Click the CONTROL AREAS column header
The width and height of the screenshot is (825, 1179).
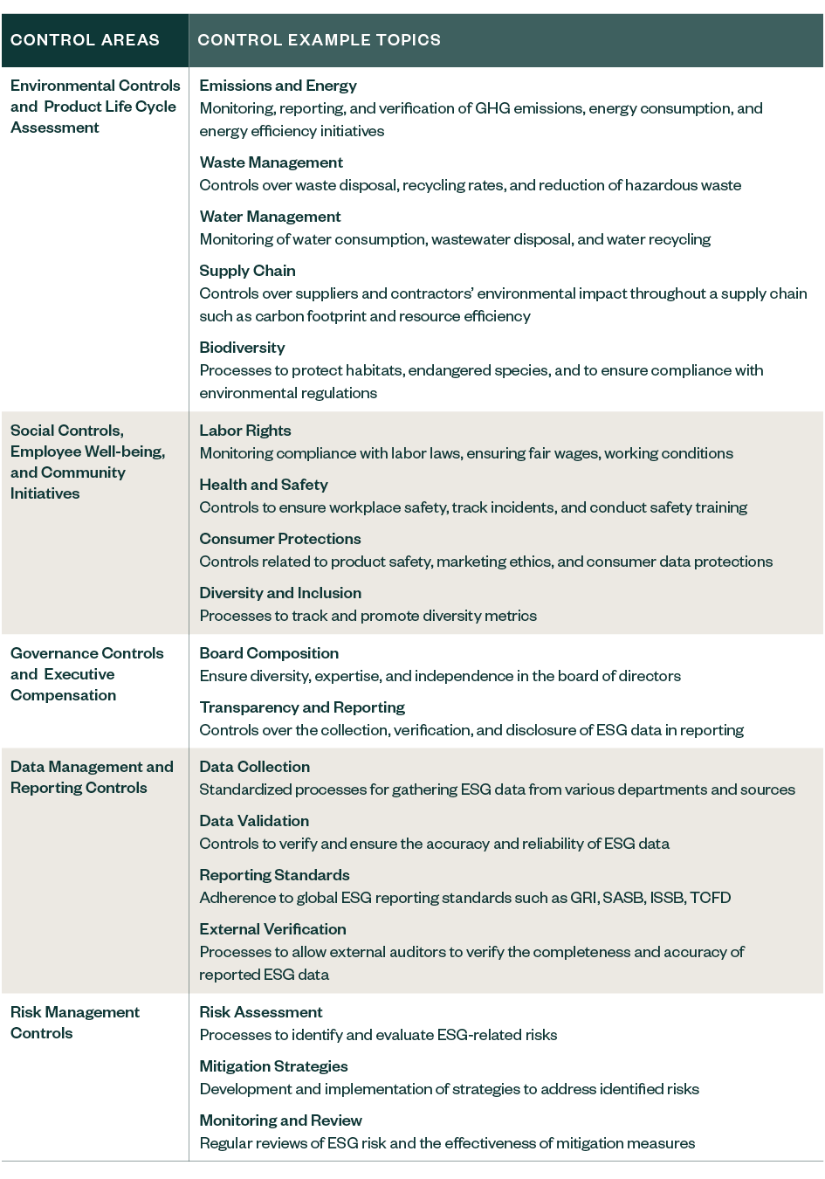[x=85, y=40]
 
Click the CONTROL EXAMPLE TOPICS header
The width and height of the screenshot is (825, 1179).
[x=319, y=40]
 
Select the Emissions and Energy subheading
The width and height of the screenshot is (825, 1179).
[x=278, y=86]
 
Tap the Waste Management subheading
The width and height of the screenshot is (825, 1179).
[x=271, y=162]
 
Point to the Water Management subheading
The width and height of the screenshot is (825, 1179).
[x=270, y=217]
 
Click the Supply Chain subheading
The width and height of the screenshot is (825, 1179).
[x=247, y=271]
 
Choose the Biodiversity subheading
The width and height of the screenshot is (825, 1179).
[x=242, y=348]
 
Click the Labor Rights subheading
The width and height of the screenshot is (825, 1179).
[x=244, y=431]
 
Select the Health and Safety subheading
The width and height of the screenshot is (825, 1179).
[x=263, y=485]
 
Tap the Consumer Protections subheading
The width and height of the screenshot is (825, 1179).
[x=279, y=539]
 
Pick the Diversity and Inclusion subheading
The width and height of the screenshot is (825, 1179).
[x=279, y=593]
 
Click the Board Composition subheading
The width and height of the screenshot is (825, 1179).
[x=269, y=653]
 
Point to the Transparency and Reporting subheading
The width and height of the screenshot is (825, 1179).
[x=302, y=707]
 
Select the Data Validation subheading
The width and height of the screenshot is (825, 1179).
[x=254, y=821]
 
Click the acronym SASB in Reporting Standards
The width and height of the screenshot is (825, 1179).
[x=622, y=898]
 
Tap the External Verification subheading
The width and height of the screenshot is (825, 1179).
[x=272, y=929]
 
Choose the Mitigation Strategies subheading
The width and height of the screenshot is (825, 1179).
[x=273, y=1066]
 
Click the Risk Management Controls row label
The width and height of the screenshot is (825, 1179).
[x=74, y=1023]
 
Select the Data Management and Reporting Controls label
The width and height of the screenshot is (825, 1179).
[x=92, y=777]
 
